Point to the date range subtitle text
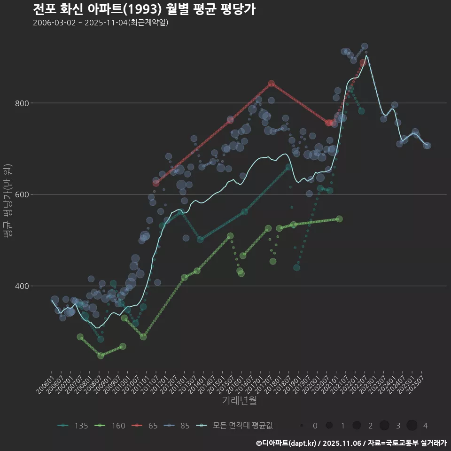101,23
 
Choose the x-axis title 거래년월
239,401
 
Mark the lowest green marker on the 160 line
101,356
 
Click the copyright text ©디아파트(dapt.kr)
287,443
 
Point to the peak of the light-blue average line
366,56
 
